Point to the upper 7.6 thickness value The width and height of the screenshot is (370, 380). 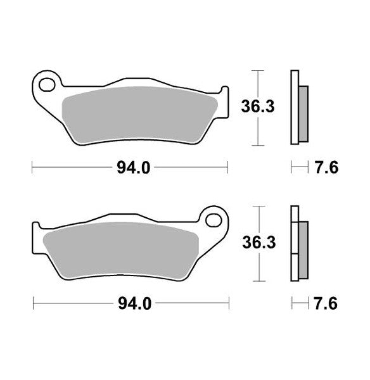coord(325,167)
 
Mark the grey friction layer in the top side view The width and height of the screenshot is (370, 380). coord(303,113)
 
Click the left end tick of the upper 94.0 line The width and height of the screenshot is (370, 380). coord(32,167)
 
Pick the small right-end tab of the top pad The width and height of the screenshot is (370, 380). coord(224,94)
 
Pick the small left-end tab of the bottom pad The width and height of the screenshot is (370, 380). coord(37,230)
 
